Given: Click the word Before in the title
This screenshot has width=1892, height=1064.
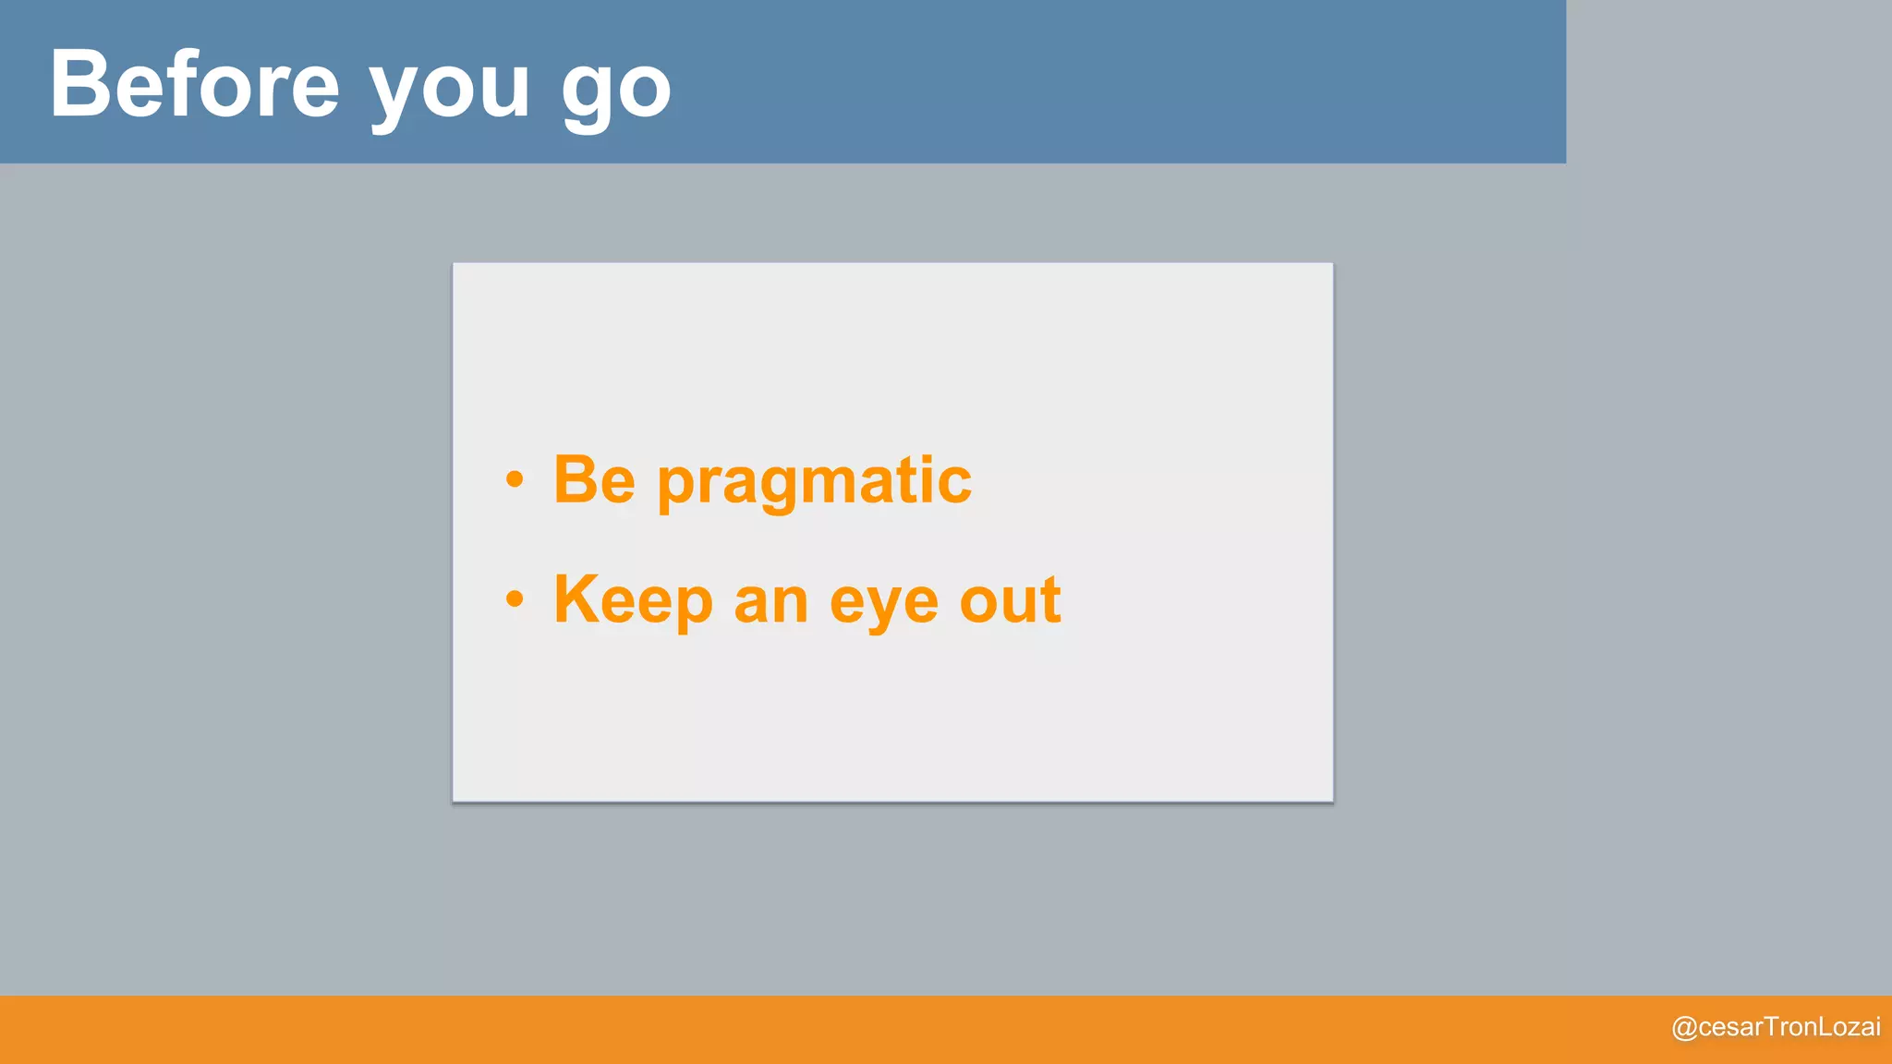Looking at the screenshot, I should (195, 85).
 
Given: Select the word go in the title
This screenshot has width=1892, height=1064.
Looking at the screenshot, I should (616, 92).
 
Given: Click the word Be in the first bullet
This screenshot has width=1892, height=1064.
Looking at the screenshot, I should (594, 480).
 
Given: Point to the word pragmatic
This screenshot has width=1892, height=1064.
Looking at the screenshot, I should (814, 485).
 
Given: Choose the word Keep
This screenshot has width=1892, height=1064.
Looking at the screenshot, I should (633, 601).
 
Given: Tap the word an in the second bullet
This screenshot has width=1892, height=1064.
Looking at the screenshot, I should (770, 605).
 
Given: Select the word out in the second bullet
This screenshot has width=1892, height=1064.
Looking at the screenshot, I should (1010, 601).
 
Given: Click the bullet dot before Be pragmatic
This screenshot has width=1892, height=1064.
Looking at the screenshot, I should (515, 480).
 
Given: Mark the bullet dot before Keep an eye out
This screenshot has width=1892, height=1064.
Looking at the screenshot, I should (515, 599).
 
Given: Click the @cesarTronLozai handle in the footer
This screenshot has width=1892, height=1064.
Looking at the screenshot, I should (1776, 1027).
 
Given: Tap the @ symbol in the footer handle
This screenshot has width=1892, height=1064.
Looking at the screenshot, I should (1684, 1028).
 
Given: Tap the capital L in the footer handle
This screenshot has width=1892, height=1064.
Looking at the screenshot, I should (1825, 1026).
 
